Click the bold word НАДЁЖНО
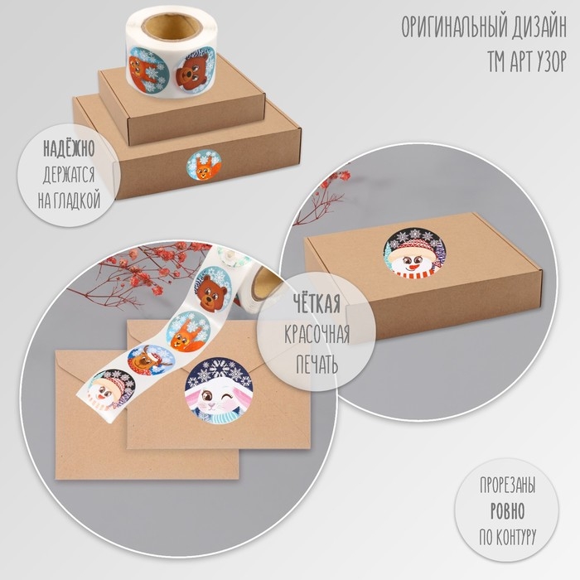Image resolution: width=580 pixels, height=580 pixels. (x=69, y=148)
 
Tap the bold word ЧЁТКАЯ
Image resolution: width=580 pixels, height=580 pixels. (x=317, y=303)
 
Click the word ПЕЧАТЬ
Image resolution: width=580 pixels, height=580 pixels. (x=317, y=364)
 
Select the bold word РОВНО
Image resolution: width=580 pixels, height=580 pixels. (x=507, y=511)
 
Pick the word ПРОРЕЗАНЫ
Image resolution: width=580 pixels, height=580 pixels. (x=507, y=485)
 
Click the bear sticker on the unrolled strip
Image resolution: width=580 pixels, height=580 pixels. (x=213, y=288)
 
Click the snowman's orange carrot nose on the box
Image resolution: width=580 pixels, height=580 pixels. (x=414, y=266)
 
